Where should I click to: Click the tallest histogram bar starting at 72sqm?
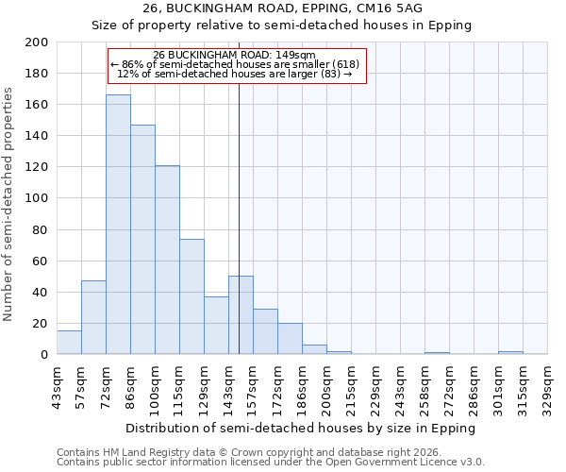coord(118,225)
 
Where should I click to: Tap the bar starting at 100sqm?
coord(167,260)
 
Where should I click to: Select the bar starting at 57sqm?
coord(93,317)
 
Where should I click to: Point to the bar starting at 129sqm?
coord(216,326)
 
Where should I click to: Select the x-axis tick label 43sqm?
coord(57,387)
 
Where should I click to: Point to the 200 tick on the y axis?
coord(38,42)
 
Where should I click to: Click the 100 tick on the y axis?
coord(38,198)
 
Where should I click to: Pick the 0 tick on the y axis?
coord(44,355)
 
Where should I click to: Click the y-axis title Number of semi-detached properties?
coord(8,203)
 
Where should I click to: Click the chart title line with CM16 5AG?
coord(283,8)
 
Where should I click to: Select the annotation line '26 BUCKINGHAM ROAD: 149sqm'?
coord(235,56)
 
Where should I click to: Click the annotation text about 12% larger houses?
coord(235,74)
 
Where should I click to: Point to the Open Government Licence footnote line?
coord(271,462)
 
